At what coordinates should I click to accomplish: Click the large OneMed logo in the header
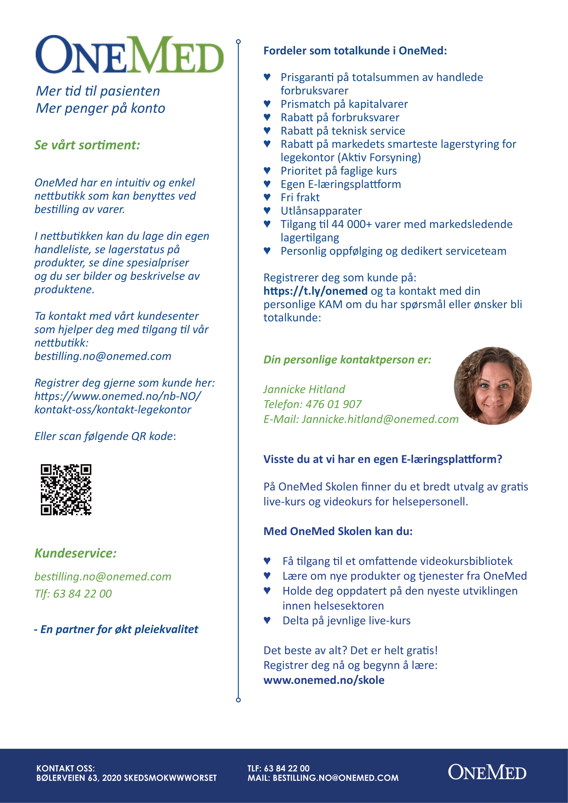point(129,55)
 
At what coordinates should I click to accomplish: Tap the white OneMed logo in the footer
point(487,772)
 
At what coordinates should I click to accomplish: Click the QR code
point(66,490)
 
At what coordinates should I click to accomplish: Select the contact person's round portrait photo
point(492,386)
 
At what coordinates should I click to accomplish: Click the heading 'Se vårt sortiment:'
point(87,145)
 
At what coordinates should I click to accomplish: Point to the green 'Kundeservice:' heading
point(76,553)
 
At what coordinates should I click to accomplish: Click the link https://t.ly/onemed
point(315,291)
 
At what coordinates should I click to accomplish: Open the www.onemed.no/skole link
point(323,680)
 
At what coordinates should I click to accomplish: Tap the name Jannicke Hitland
point(304,389)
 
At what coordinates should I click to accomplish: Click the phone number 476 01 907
point(333,404)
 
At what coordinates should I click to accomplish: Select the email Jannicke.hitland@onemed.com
point(380,419)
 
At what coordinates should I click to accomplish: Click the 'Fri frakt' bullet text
point(300,198)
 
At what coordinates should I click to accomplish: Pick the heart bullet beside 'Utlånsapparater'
point(267,210)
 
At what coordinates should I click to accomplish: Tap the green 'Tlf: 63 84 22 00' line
point(73,594)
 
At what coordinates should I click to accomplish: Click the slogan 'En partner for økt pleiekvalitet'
point(119,630)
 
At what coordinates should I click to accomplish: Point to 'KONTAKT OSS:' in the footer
point(65,768)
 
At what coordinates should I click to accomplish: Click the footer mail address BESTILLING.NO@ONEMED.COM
point(336,778)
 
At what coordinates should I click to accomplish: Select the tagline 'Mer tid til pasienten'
point(98,91)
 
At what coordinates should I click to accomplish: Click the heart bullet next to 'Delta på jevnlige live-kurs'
point(267,620)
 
